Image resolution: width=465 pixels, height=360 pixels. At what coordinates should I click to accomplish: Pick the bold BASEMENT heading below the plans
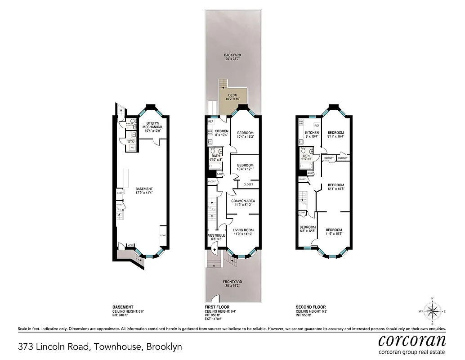(x=123, y=307)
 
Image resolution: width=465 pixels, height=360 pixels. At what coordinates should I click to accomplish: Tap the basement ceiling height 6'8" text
(x=128, y=311)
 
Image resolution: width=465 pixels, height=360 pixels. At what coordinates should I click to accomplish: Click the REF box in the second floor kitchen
(x=317, y=126)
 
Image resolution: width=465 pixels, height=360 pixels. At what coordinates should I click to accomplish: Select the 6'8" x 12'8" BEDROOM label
(x=308, y=229)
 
